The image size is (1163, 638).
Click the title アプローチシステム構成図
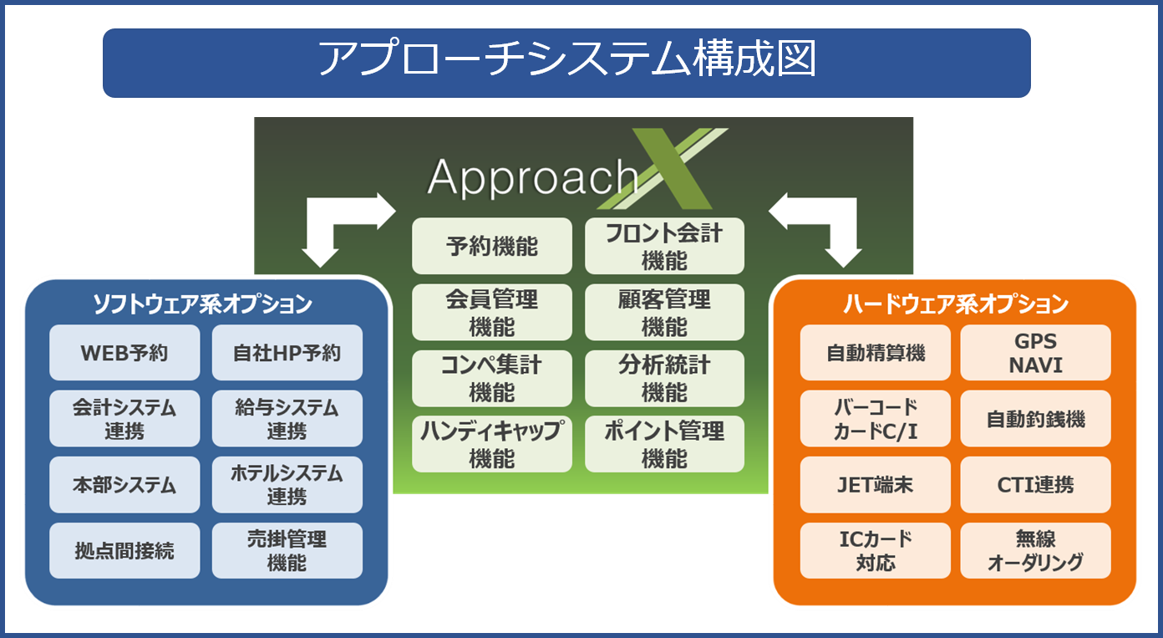(x=566, y=59)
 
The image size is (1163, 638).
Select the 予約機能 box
(x=491, y=246)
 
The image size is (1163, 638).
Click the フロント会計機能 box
(x=664, y=246)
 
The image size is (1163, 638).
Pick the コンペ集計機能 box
(x=491, y=378)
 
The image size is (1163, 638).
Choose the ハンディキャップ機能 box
(x=491, y=444)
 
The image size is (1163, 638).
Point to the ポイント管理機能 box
(x=664, y=444)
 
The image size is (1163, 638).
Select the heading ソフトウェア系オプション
(x=202, y=304)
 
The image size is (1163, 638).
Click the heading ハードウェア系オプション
(x=956, y=304)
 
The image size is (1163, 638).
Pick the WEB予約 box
(x=124, y=353)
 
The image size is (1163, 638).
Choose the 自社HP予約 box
(x=287, y=353)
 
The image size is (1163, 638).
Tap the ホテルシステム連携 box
(x=287, y=485)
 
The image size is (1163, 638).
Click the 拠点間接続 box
(x=124, y=551)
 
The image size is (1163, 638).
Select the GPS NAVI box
(x=1036, y=353)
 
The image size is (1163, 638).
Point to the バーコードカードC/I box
(x=876, y=419)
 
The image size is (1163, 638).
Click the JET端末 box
(x=876, y=485)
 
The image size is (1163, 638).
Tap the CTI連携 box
(x=1036, y=485)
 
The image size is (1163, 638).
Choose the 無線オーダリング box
(x=1036, y=551)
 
